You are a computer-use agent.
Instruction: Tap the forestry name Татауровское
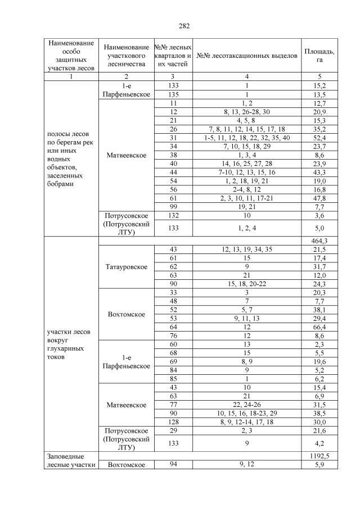pyautogui.click(x=126, y=267)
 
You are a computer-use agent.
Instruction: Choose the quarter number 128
pyautogui.click(x=173, y=421)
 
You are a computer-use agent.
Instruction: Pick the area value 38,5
pyautogui.click(x=319, y=413)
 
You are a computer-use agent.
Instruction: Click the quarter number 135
pyautogui.click(x=173, y=94)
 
